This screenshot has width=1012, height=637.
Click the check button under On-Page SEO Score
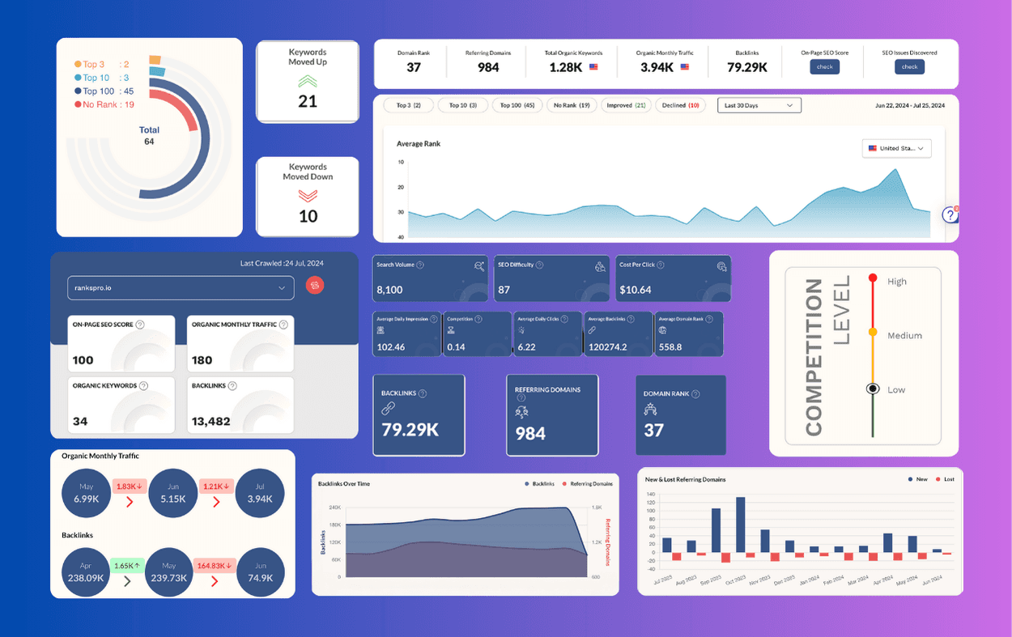click(824, 67)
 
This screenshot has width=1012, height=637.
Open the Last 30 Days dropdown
click(759, 105)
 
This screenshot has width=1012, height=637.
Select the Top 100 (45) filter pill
click(517, 105)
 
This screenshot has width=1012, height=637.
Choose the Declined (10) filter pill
click(681, 105)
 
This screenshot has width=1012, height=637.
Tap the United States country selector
click(896, 149)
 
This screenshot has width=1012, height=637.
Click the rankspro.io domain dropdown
click(180, 287)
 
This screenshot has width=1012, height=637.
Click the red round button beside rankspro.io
click(315, 285)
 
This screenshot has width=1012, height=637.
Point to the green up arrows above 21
click(308, 81)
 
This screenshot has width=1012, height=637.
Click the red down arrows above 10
click(308, 195)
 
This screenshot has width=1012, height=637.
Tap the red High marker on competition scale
click(873, 278)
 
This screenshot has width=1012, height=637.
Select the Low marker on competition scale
click(873, 389)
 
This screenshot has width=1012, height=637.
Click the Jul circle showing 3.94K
click(260, 493)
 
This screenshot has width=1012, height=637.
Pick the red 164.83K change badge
click(214, 566)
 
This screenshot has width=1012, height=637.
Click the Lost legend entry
click(944, 479)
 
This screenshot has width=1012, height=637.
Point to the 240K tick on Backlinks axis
click(334, 507)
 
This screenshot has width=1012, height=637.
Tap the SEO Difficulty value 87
click(504, 290)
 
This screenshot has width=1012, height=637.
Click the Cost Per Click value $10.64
click(635, 290)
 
